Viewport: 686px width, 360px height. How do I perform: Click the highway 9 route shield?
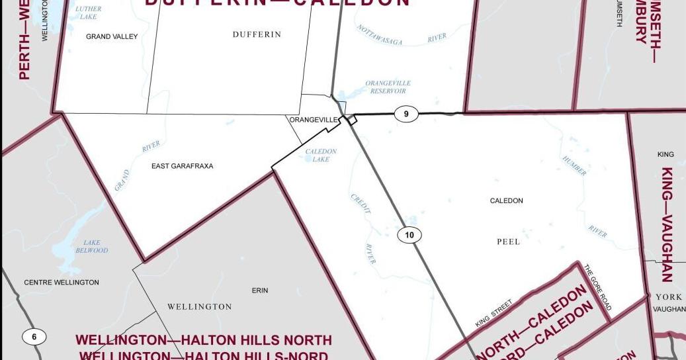pyautogui.click(x=406, y=114)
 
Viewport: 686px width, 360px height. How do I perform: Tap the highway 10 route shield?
pyautogui.click(x=409, y=235)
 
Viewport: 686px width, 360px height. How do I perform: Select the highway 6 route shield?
pyautogui.click(x=34, y=337)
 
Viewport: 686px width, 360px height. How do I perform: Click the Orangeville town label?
pyautogui.click(x=314, y=120)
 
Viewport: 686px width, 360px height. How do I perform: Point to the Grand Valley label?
pyautogui.click(x=112, y=37)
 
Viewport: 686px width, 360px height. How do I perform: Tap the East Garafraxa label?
pyautogui.click(x=182, y=166)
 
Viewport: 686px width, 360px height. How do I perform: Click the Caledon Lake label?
pyautogui.click(x=321, y=156)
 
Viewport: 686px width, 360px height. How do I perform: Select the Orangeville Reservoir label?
pyautogui.click(x=388, y=87)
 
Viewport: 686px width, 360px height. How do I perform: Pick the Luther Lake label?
pyautogui.click(x=88, y=13)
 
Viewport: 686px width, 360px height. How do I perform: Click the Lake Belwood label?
pyautogui.click(x=92, y=247)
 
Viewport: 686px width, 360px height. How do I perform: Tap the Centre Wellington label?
pyautogui.click(x=62, y=283)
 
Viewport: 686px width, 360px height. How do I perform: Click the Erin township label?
pyautogui.click(x=260, y=291)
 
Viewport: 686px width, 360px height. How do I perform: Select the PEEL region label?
pyautogui.click(x=508, y=242)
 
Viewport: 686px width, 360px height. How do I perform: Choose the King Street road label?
pyautogui.click(x=493, y=314)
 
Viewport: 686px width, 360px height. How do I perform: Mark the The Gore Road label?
pyautogui.click(x=597, y=287)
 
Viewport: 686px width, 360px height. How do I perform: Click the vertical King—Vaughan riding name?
pyautogui.click(x=666, y=224)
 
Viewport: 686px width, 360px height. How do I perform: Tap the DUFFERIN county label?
pyautogui.click(x=257, y=34)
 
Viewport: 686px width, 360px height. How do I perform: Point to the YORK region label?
pyautogui.click(x=669, y=297)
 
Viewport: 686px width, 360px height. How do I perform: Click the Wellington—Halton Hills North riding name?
pyautogui.click(x=204, y=340)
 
